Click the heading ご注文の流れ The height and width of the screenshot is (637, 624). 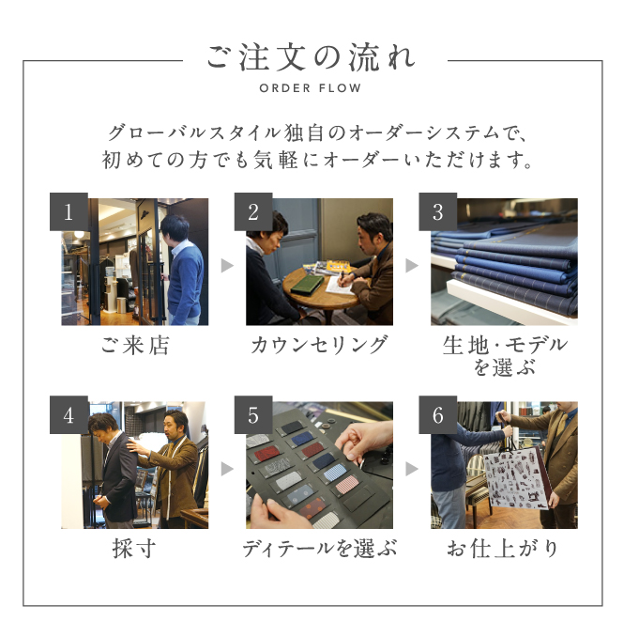(312, 57)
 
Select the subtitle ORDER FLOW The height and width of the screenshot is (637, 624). (311, 88)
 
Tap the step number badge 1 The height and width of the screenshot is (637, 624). (68, 211)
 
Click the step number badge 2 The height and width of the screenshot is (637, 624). (253, 211)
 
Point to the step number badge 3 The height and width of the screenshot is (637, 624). (438, 211)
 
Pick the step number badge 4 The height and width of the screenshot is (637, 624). (68, 414)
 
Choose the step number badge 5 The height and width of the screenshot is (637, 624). (253, 414)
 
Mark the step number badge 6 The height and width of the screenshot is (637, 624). (438, 414)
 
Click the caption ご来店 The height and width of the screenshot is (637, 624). (135, 346)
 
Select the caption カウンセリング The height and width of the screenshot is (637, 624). (319, 346)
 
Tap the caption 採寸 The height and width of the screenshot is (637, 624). (134, 549)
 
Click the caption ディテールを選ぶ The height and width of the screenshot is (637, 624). (319, 549)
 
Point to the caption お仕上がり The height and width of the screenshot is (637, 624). (503, 549)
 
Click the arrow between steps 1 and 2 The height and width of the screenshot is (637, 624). (227, 266)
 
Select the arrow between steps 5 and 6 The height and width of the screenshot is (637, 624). (412, 469)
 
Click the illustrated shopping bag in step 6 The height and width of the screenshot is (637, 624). (517, 478)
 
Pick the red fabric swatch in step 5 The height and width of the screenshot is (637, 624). (266, 453)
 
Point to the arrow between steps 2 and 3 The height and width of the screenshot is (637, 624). (412, 266)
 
